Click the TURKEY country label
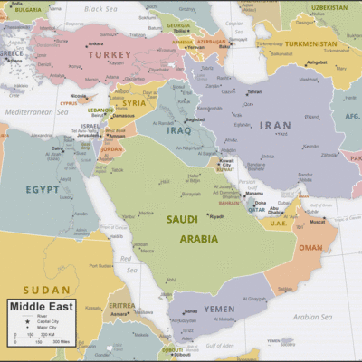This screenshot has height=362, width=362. click(x=110, y=55)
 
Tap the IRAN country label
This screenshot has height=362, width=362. click(x=275, y=126)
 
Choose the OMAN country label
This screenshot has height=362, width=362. click(x=310, y=247)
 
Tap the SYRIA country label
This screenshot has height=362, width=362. click(x=135, y=102)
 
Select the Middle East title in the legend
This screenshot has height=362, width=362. click(x=42, y=307)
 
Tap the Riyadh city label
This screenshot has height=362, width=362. click(x=217, y=216)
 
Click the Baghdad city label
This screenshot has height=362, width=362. click(x=195, y=119)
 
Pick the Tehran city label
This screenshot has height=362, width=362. click(x=254, y=91)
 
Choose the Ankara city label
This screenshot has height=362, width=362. click(x=95, y=43)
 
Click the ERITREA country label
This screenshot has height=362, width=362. click(x=121, y=306)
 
